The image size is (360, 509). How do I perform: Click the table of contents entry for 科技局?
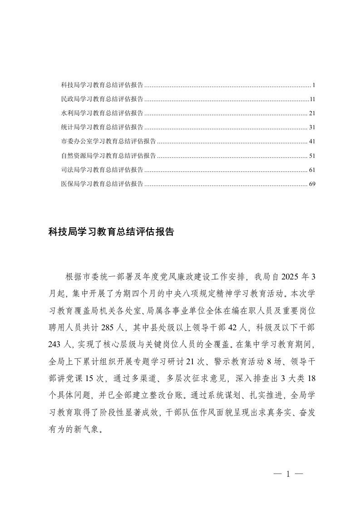coord(102,85)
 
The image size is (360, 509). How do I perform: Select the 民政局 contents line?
coord(102,99)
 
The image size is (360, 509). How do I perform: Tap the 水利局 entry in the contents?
coord(102,113)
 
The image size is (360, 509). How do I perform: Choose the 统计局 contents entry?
coord(102,127)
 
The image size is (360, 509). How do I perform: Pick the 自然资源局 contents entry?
coord(108,156)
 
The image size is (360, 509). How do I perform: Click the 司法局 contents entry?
coord(102,170)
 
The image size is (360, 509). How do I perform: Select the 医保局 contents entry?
coord(102,184)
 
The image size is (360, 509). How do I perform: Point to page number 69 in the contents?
coord(311,184)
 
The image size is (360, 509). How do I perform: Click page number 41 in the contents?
coord(311,141)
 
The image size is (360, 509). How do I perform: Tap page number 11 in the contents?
coord(312,99)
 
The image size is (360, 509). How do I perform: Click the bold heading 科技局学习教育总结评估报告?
coord(111,231)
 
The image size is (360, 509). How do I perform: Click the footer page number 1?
coord(288,474)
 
